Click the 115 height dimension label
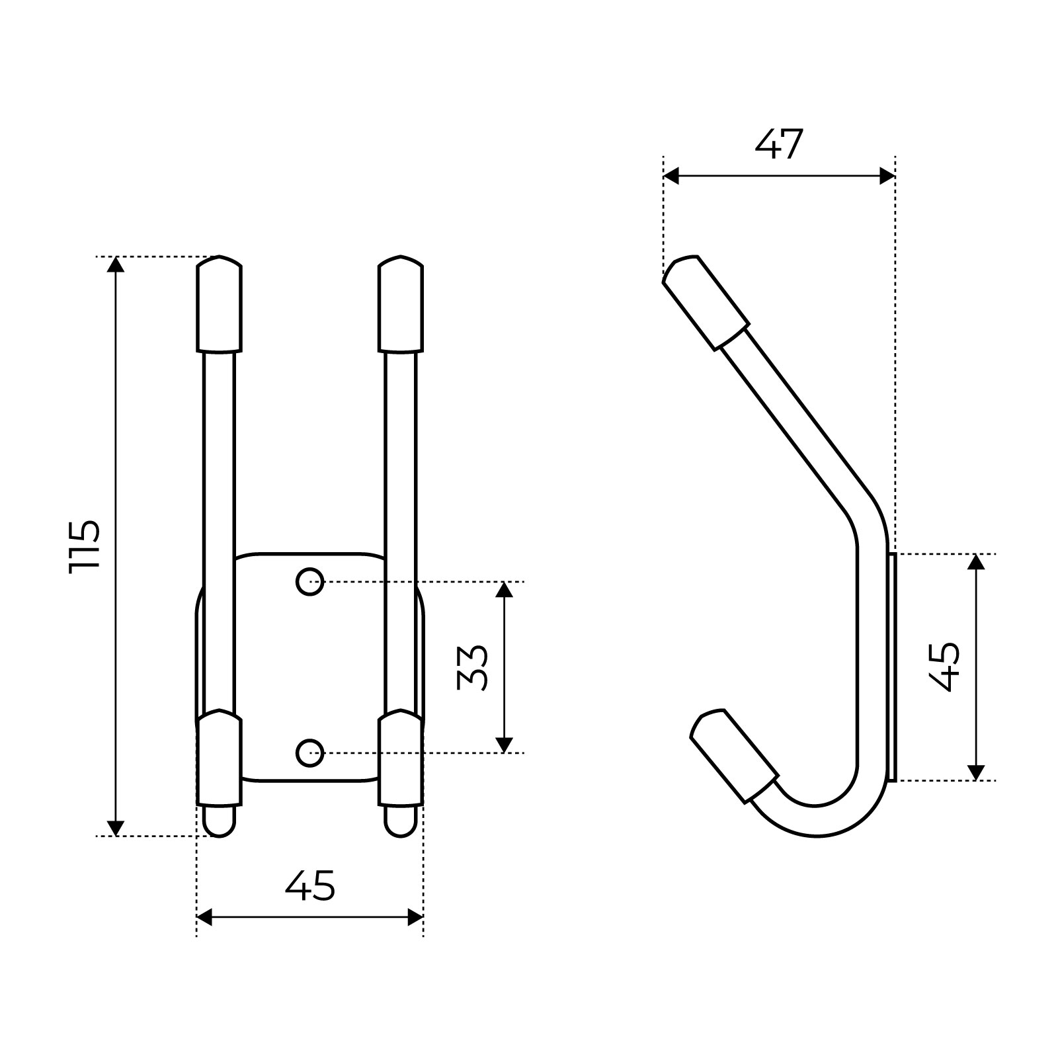click(85, 546)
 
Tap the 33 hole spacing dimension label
click(473, 667)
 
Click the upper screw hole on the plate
click(309, 582)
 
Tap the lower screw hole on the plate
click(309, 753)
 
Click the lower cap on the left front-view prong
click(219, 758)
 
